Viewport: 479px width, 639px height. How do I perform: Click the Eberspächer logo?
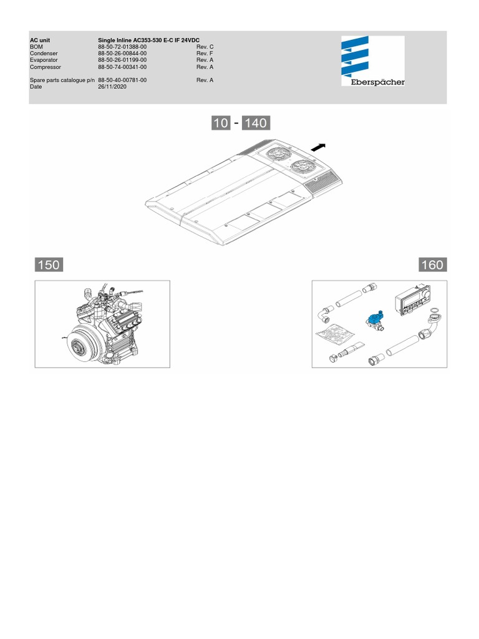pyautogui.click(x=373, y=61)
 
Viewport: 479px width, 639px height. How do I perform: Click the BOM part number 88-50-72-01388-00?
pyautogui.click(x=122, y=47)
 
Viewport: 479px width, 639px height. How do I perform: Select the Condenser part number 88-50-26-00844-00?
pyautogui.click(x=122, y=54)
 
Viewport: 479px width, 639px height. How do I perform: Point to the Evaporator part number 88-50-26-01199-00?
pyautogui.click(x=122, y=60)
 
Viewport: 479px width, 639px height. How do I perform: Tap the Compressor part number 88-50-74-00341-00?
pyautogui.click(x=122, y=67)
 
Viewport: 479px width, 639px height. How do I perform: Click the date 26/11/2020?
pyautogui.click(x=112, y=86)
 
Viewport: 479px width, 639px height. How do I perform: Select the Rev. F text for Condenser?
pyautogui.click(x=205, y=54)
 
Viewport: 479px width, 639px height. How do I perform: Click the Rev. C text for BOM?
pyautogui.click(x=205, y=47)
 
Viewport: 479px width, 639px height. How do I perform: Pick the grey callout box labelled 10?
pyautogui.click(x=221, y=123)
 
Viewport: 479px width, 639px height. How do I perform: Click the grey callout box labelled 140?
pyautogui.click(x=256, y=123)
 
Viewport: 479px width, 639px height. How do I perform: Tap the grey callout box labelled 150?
pyautogui.click(x=49, y=265)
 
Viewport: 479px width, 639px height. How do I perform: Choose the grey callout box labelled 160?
pyautogui.click(x=433, y=265)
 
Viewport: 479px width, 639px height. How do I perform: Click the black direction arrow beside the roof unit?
pyautogui.click(x=318, y=147)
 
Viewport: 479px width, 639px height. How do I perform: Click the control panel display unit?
pyautogui.click(x=412, y=304)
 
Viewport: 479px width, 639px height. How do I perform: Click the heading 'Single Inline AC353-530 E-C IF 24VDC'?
pyautogui.click(x=148, y=41)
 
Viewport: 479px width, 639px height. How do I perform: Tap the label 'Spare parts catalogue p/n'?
pyautogui.click(x=62, y=80)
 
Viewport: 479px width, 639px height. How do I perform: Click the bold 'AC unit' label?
pyautogui.click(x=40, y=41)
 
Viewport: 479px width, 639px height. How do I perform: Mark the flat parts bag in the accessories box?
pyautogui.click(x=333, y=334)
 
